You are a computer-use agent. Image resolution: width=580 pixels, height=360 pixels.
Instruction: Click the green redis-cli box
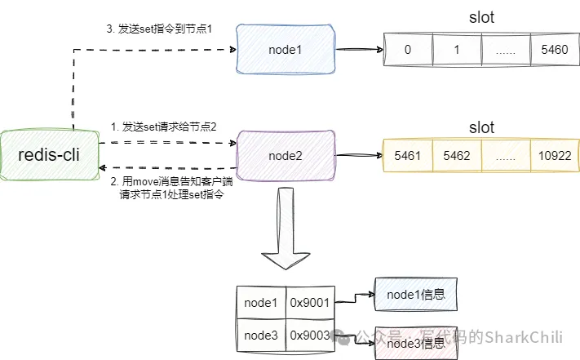coord(50,153)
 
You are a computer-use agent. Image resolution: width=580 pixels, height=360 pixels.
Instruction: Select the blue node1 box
coord(285,50)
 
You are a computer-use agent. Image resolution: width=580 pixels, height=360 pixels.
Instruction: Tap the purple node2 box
coord(285,153)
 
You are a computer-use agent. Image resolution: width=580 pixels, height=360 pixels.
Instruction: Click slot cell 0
coord(407,50)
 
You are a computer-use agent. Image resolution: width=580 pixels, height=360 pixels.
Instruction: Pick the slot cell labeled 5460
coord(554,50)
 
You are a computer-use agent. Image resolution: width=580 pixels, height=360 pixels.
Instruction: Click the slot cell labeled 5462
coord(457,153)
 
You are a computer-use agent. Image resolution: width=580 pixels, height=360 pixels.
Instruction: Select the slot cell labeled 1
coord(457,50)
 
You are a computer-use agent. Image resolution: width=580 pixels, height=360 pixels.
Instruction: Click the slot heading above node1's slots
coord(481,17)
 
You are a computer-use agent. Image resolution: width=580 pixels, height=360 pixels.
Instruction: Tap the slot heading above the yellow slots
coord(481,128)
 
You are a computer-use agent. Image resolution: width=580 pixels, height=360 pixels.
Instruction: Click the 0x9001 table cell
coord(308,303)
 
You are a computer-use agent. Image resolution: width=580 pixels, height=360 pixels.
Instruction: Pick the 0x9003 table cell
coord(308,336)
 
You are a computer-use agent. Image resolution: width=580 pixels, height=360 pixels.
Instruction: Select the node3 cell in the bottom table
coord(261,336)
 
